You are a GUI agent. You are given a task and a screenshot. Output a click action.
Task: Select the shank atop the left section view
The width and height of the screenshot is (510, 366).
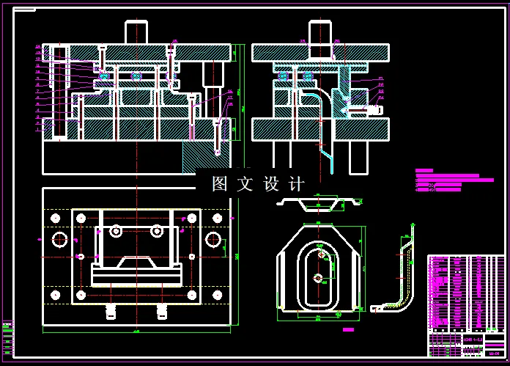coord(137,32)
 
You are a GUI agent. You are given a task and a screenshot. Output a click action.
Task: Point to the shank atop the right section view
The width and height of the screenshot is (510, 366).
coord(319,32)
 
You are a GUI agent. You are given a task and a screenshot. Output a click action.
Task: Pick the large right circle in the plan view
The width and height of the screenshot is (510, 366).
coord(213,239)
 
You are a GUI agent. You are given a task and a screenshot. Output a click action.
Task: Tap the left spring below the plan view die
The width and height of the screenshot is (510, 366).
coord(111,311)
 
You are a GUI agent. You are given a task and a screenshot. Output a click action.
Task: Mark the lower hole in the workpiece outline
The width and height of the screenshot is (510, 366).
coord(317,278)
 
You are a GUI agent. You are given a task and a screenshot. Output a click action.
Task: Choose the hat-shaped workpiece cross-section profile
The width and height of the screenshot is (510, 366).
coord(319,202)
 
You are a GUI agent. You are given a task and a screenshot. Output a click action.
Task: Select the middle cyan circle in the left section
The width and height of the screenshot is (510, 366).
coord(136,76)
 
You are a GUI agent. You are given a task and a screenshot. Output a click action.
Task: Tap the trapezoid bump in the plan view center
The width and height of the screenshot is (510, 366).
coord(136,262)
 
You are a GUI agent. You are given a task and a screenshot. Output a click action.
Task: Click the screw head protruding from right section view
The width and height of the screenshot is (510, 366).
coord(373,109)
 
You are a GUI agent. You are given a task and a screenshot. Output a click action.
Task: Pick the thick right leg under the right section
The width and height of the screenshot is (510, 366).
coord(359,156)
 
